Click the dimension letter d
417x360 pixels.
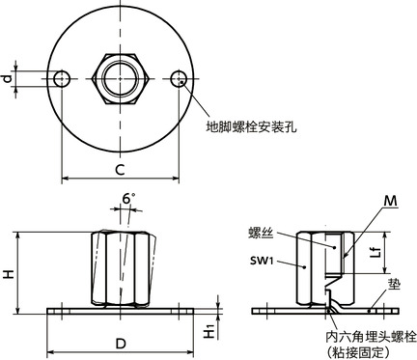point(8,76)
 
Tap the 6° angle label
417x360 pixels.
point(129,199)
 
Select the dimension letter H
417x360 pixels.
point(9,274)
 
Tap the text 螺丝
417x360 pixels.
point(262,233)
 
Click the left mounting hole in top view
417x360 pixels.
point(62,77)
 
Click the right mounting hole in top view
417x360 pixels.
point(179,77)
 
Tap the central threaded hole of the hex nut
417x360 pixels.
point(120,77)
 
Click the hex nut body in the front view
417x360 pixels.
point(120,267)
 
